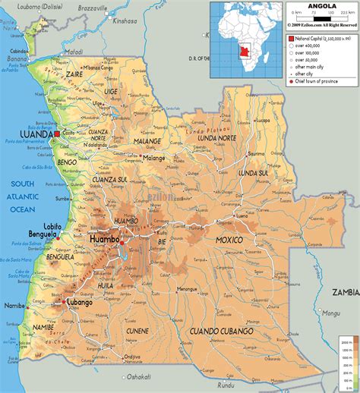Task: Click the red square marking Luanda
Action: coord(57,134)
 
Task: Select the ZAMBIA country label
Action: coord(345,291)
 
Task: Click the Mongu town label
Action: coord(332,312)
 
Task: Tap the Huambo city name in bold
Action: coord(105,239)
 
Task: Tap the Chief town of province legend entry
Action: coord(319,80)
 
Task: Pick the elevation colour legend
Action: coord(349,364)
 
